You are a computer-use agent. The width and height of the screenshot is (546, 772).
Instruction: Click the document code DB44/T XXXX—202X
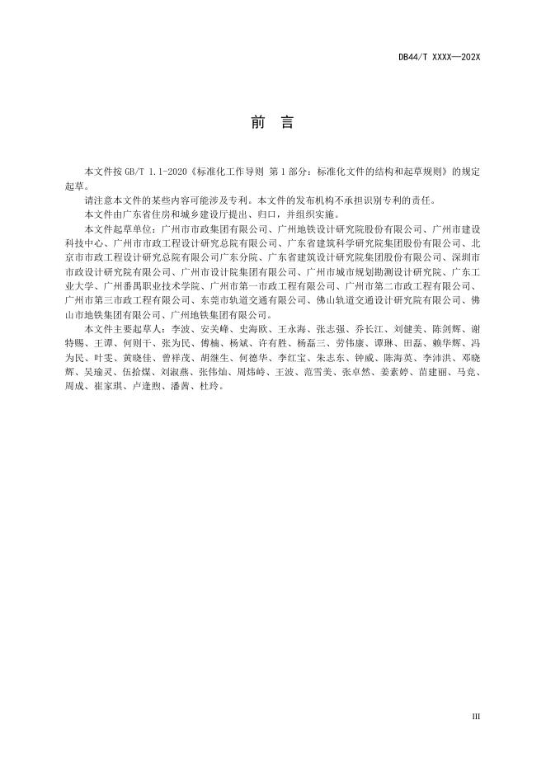coord(438,57)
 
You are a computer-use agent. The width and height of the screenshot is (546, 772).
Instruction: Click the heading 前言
coord(272,123)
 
